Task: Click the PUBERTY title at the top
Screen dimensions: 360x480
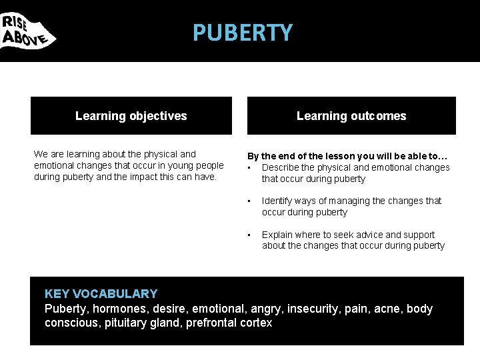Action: (x=242, y=33)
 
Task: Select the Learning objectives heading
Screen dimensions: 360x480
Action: (x=131, y=116)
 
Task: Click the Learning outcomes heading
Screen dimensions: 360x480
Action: (x=351, y=116)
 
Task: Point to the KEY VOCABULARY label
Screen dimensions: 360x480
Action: (x=101, y=294)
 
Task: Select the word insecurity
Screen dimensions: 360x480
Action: (x=315, y=309)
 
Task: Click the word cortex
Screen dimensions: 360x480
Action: (x=257, y=323)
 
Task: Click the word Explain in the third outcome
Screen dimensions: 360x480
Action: (x=278, y=235)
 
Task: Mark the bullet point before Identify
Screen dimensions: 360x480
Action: (x=249, y=201)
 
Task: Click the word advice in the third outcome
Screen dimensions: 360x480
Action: (x=369, y=235)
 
